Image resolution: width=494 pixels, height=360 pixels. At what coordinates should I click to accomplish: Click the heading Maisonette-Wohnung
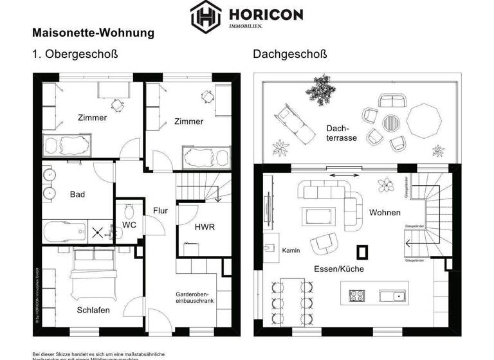pos(93,32)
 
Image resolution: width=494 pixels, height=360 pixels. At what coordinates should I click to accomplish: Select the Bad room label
pos(77,194)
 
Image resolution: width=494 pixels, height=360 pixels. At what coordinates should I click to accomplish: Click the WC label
pos(129,225)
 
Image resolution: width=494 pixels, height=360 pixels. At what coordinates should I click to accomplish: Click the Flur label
pos(160,210)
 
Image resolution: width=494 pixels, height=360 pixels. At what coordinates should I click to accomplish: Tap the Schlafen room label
pos(93,310)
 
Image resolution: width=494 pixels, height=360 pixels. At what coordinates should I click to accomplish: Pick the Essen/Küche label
pos(338,269)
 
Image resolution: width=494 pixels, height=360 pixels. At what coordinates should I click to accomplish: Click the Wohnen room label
pos(385,212)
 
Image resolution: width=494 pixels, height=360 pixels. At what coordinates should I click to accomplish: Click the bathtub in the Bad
pos(64,230)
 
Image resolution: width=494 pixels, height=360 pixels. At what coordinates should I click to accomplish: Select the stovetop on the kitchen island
pos(357,296)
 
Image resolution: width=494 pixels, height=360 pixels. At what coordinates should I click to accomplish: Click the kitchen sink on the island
pos(392,296)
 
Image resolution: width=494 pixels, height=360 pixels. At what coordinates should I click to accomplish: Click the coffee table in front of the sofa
pos(319,214)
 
